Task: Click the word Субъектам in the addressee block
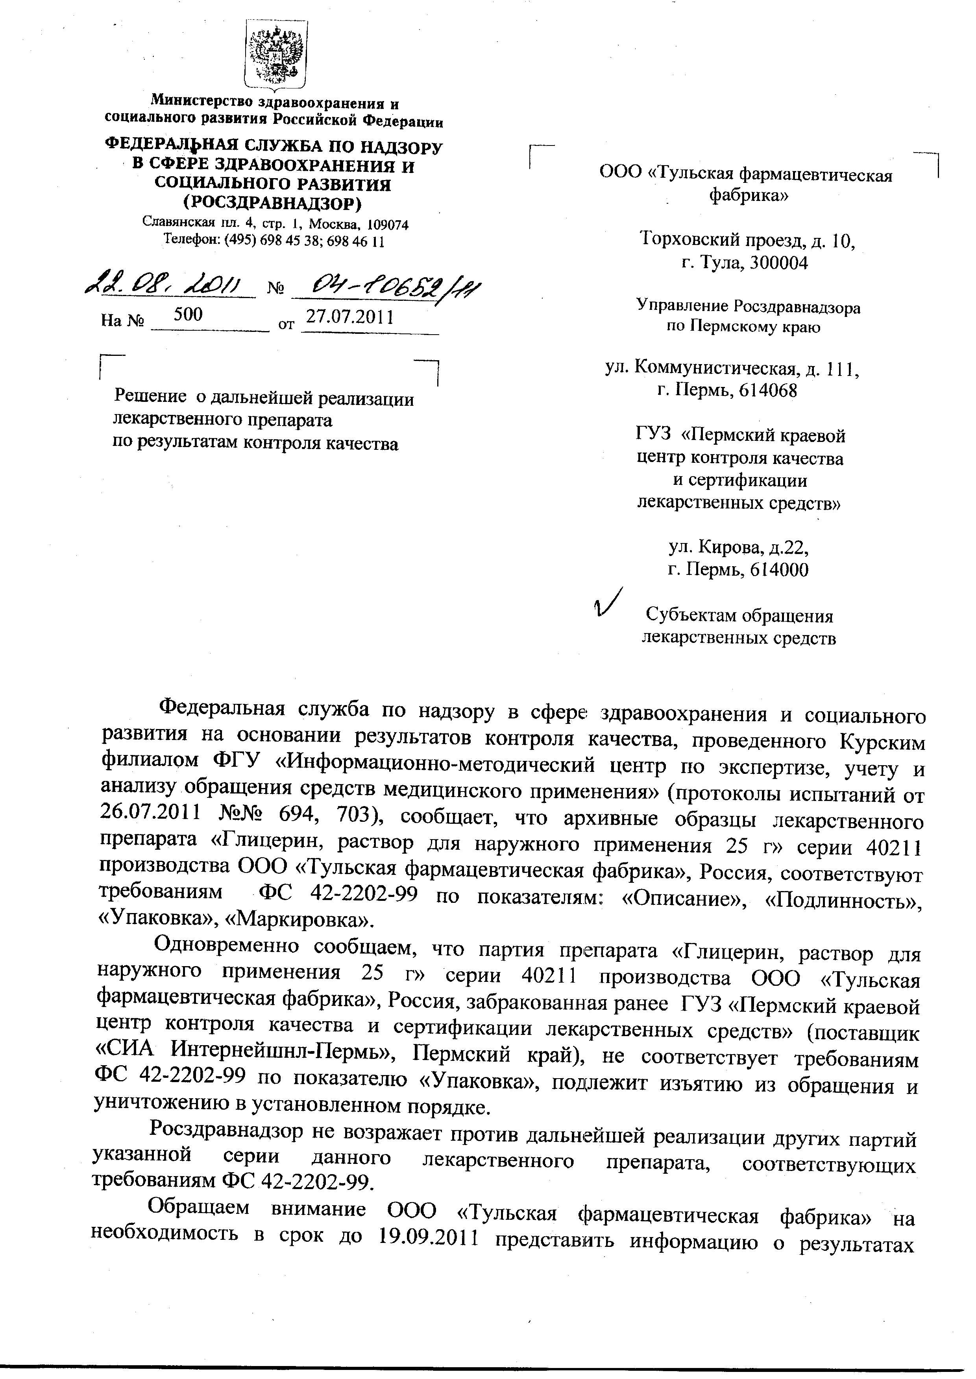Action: click(690, 616)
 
